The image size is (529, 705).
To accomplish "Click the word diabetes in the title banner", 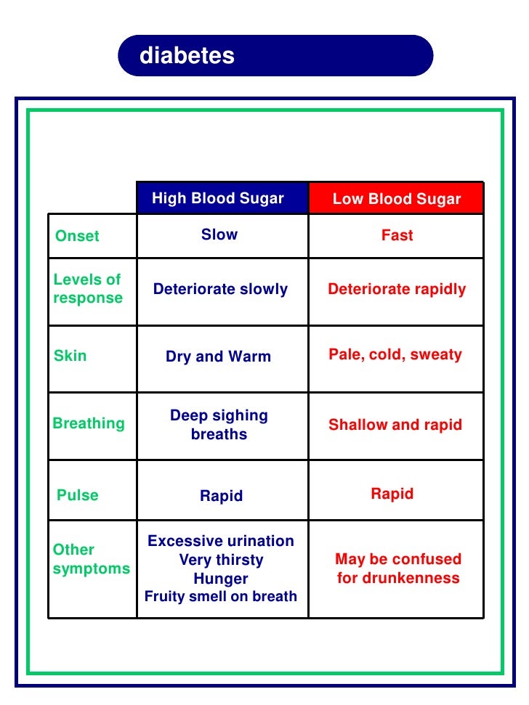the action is point(187,56).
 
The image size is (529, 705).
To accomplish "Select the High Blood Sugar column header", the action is point(218,199).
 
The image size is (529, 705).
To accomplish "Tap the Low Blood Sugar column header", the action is point(397,200).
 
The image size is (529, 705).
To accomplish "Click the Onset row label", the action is point(77,236).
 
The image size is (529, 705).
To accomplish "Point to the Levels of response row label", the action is point(88,289).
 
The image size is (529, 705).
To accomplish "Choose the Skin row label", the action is point(70,356).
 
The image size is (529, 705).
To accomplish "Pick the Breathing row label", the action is point(89,423).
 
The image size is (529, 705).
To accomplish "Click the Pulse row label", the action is point(77,495).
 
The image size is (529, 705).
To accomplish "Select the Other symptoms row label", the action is point(91,559).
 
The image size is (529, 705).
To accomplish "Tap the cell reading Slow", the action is point(219,235).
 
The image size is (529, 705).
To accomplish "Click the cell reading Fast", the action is point(397,235).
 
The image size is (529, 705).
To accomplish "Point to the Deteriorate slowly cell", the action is point(220,289).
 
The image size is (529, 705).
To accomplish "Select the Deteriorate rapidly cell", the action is point(397,289).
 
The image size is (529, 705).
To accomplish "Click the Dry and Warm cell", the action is point(218,356).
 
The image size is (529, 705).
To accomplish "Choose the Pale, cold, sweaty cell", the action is point(395,354).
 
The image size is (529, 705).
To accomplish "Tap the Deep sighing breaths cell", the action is point(219,425).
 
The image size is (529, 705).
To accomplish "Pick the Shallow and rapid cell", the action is point(395,425).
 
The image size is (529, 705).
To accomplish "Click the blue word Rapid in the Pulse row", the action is point(221,496).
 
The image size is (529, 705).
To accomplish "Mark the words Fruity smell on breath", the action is point(221,596).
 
